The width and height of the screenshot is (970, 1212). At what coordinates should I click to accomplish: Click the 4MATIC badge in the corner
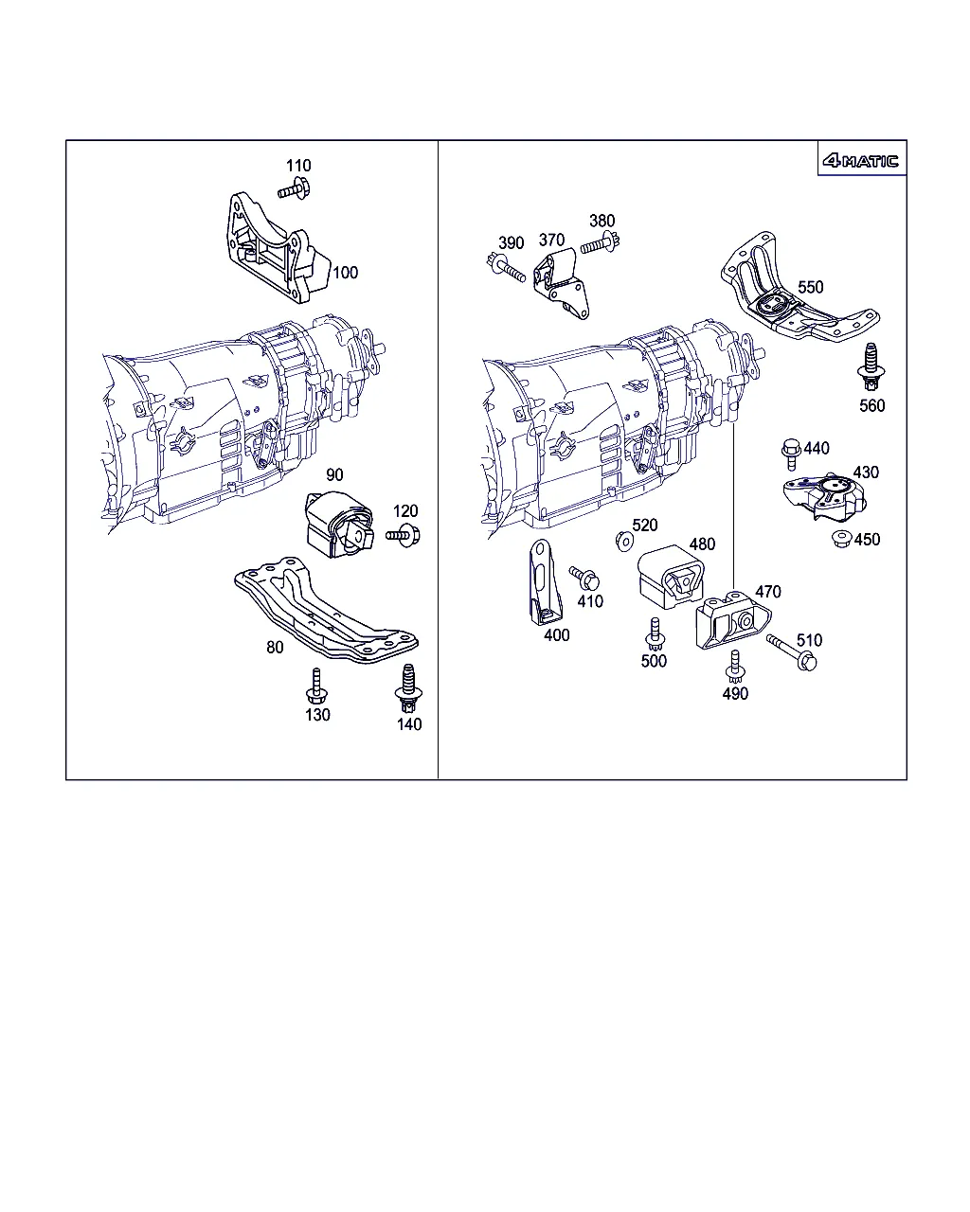860,161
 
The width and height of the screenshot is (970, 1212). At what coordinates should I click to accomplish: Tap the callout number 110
298,166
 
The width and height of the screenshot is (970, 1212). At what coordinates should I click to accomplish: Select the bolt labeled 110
294,188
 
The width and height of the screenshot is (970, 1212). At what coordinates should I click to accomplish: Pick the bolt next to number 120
403,535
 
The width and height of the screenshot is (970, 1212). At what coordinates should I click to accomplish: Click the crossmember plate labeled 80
326,610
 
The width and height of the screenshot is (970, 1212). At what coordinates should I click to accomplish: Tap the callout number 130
317,715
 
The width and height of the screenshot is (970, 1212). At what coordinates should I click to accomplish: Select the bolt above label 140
408,688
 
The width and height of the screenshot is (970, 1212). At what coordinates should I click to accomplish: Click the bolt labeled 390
506,268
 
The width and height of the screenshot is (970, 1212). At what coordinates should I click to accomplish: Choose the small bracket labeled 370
562,283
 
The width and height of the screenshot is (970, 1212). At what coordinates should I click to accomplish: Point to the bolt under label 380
601,244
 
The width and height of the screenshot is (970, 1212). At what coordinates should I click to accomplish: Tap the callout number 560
871,405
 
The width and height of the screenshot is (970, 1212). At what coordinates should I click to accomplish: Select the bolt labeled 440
791,454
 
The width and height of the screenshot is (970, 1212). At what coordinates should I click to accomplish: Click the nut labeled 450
841,539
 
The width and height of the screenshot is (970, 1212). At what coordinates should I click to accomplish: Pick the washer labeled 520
624,542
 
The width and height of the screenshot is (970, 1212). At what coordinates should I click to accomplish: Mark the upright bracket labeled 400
544,582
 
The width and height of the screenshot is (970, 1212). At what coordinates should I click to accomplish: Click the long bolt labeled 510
791,652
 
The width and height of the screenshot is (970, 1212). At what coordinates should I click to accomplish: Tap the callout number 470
767,592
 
